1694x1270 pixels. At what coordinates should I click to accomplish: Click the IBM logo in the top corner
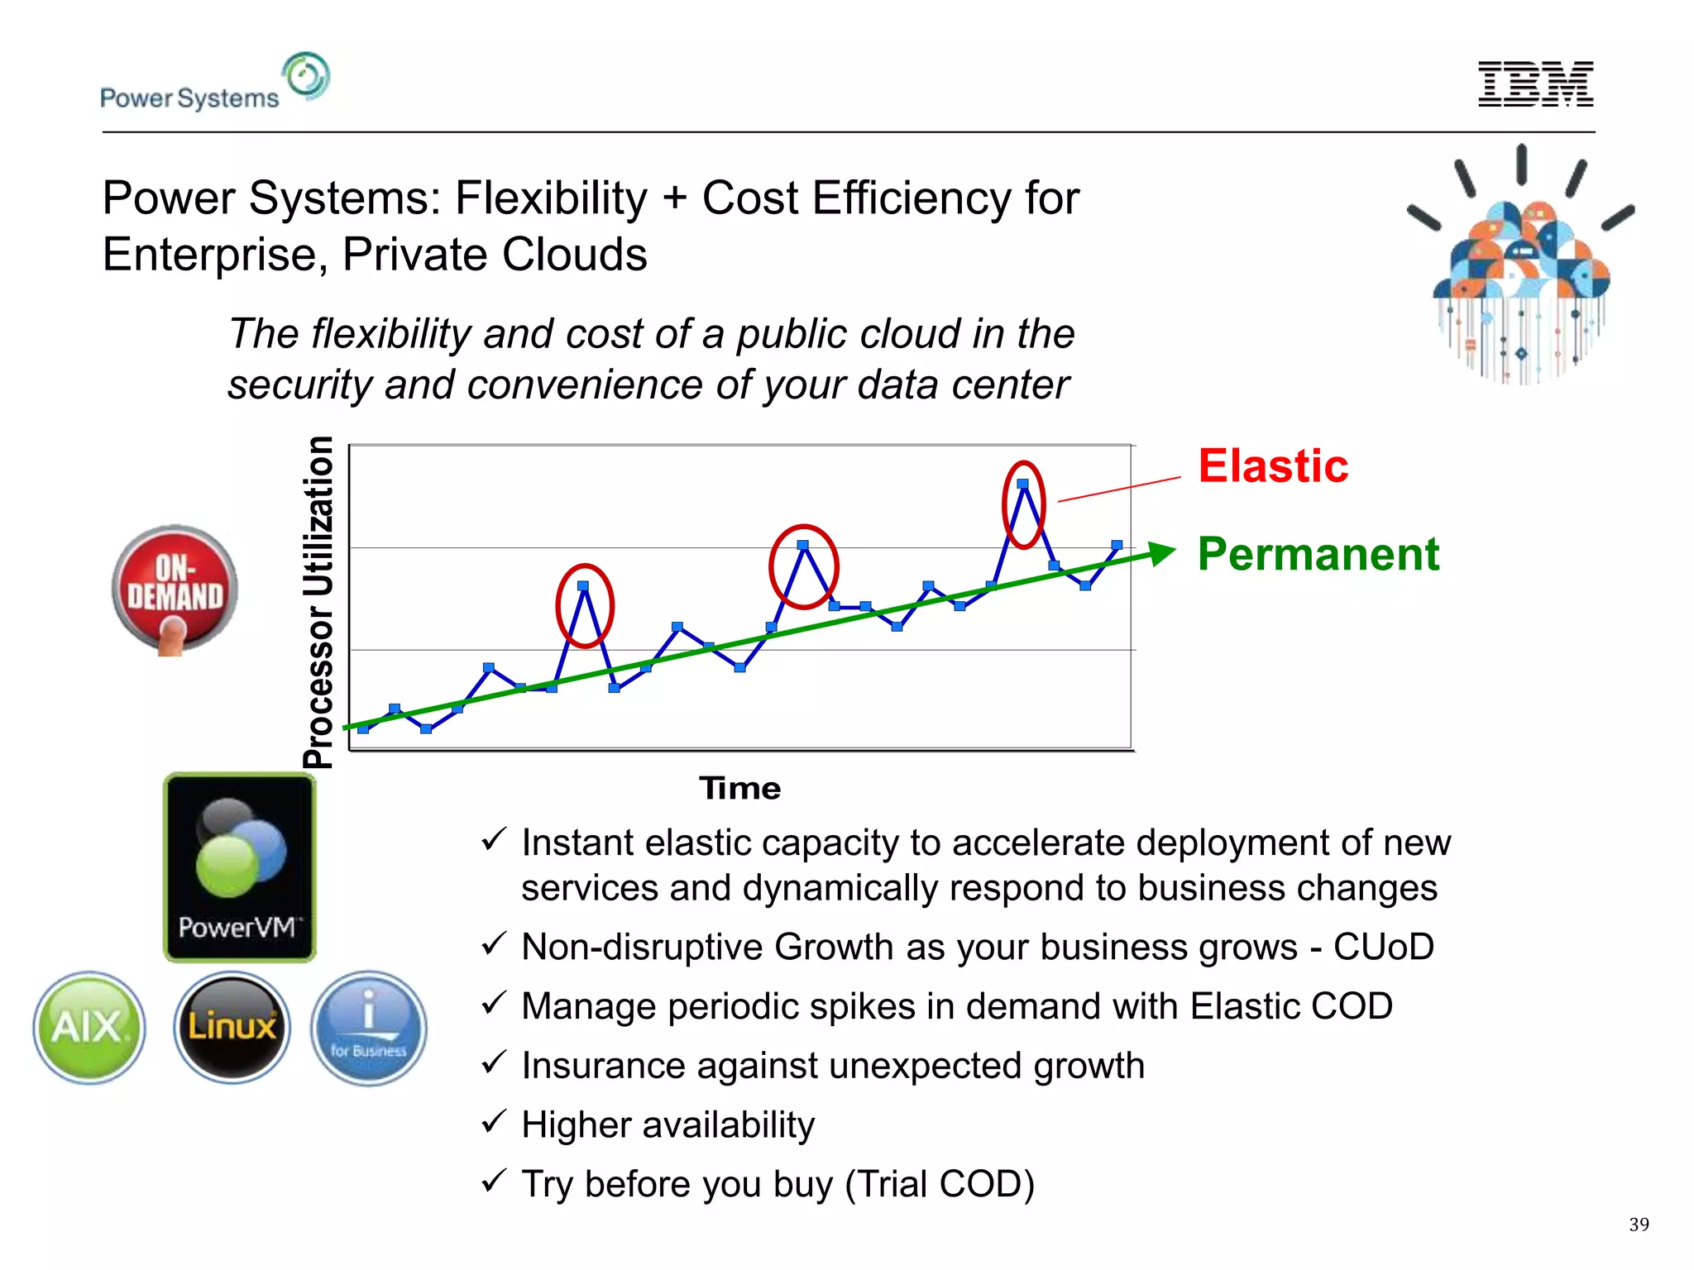click(x=1535, y=84)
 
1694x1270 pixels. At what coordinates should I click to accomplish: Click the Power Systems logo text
click(x=189, y=98)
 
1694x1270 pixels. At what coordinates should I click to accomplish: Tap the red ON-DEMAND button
click(x=175, y=589)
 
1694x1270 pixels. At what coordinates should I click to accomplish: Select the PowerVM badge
click(x=240, y=867)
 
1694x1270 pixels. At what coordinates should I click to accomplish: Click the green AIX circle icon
click(x=89, y=1027)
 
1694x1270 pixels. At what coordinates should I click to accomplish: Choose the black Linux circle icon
click(x=232, y=1027)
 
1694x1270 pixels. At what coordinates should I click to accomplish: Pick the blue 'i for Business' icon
click(x=369, y=1027)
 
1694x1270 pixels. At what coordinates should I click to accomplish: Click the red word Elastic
click(x=1272, y=466)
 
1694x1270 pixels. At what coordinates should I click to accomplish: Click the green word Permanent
click(x=1318, y=554)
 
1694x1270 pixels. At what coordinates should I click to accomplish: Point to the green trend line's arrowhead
click(x=1163, y=552)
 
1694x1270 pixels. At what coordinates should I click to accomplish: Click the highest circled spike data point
click(x=1023, y=484)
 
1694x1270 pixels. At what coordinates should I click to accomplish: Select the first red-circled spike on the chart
click(x=583, y=586)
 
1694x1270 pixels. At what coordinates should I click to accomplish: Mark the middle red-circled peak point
click(x=802, y=545)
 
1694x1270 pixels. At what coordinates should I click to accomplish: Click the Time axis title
click(x=739, y=788)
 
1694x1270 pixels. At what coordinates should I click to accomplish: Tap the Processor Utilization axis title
click(x=318, y=601)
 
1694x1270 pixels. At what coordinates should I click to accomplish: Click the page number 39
click(x=1639, y=1225)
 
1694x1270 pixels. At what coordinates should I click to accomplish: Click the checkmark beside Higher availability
click(x=494, y=1122)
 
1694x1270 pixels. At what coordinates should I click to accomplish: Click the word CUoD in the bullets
click(x=1383, y=947)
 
